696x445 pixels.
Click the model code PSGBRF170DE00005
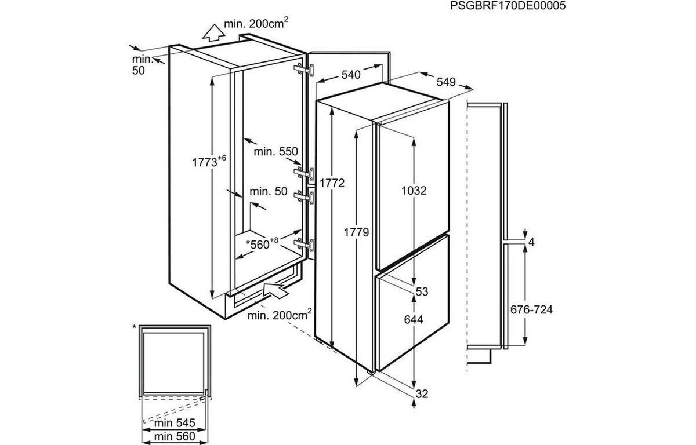pyautogui.click(x=507, y=6)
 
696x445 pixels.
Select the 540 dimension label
pyautogui.click(x=351, y=75)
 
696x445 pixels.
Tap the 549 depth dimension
pyautogui.click(x=446, y=82)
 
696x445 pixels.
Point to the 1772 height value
pyautogui.click(x=332, y=183)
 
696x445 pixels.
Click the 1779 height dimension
pyautogui.click(x=356, y=232)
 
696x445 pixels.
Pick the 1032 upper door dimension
pyautogui.click(x=414, y=191)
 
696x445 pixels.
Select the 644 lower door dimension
pyautogui.click(x=414, y=319)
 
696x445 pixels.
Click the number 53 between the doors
pyautogui.click(x=422, y=291)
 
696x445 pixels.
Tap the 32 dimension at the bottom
pyautogui.click(x=422, y=394)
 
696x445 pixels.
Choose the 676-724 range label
pyautogui.click(x=532, y=309)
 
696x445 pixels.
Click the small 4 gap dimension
pyautogui.click(x=531, y=242)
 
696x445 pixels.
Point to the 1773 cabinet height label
pyautogui.click(x=209, y=161)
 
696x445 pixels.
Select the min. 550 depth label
pyautogui.click(x=275, y=151)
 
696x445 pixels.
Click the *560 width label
pyautogui.click(x=262, y=243)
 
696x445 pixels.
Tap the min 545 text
pyautogui.click(x=175, y=422)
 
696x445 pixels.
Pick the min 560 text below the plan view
pyautogui.click(x=175, y=436)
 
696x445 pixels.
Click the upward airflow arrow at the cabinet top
pyautogui.click(x=213, y=33)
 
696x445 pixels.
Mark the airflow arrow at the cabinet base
pyautogui.click(x=275, y=290)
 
